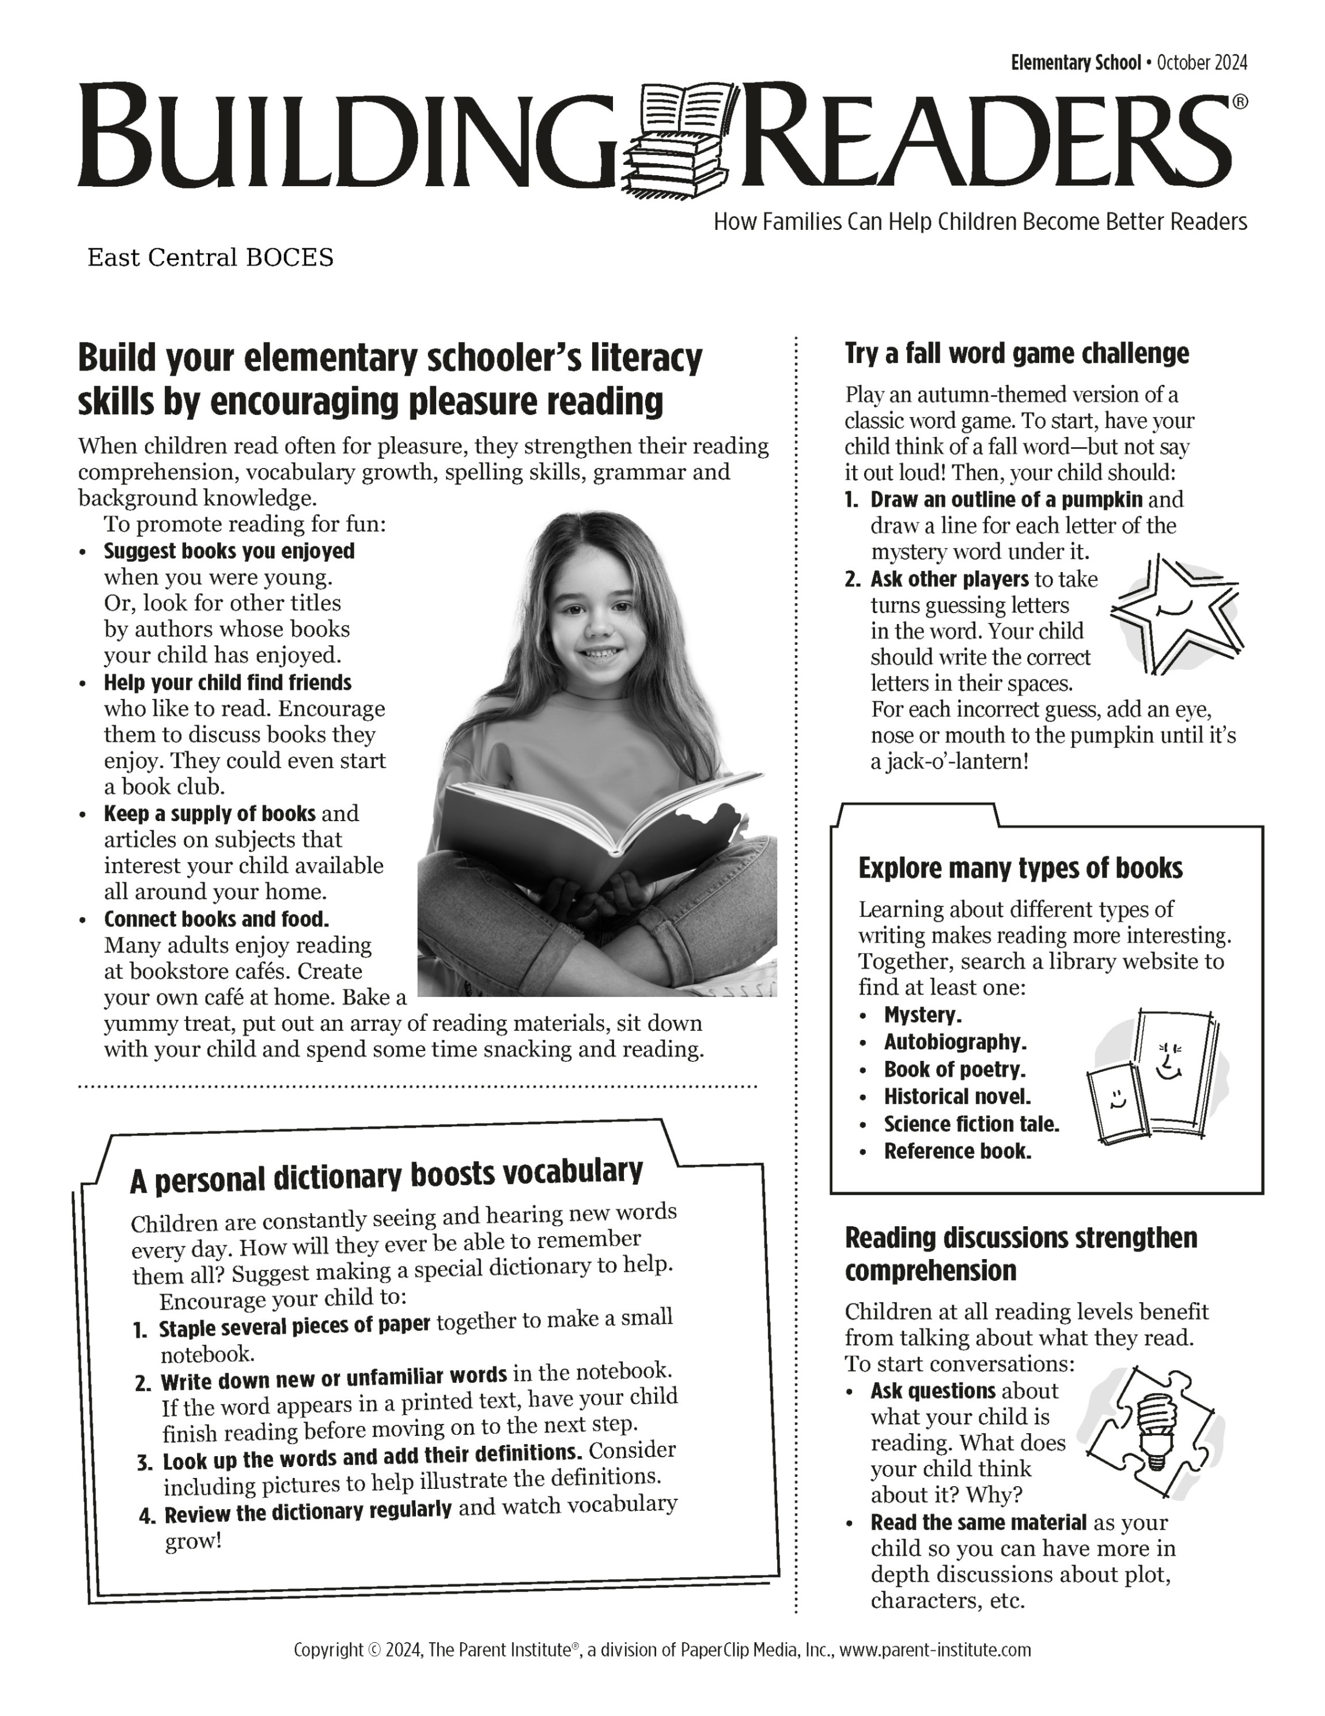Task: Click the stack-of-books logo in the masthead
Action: click(682, 139)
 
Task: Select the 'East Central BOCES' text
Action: click(210, 258)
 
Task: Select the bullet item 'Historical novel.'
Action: click(957, 1097)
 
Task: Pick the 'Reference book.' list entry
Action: click(957, 1151)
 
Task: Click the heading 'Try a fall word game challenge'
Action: click(1016, 354)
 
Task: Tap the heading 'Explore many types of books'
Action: click(1020, 868)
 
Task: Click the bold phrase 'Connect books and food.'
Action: click(216, 919)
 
